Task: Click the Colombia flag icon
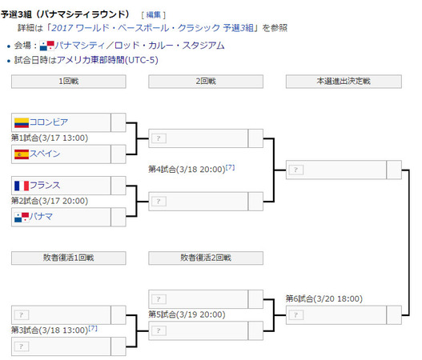22,122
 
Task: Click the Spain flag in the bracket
22,154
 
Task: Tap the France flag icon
22,186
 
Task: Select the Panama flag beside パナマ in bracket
22,218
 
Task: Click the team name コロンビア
49,122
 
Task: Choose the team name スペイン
45,154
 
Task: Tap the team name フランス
45,186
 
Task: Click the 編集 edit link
154,14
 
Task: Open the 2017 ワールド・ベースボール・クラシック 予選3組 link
152,28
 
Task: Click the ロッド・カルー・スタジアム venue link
170,45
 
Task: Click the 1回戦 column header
69,81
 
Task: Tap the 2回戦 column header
206,81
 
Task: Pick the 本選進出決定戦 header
344,81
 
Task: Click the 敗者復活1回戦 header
69,258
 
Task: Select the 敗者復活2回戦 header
206,258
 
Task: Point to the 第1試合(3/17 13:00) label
50,138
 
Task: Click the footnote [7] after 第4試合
230,167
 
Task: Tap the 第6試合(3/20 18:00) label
324,298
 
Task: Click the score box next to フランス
119,186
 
